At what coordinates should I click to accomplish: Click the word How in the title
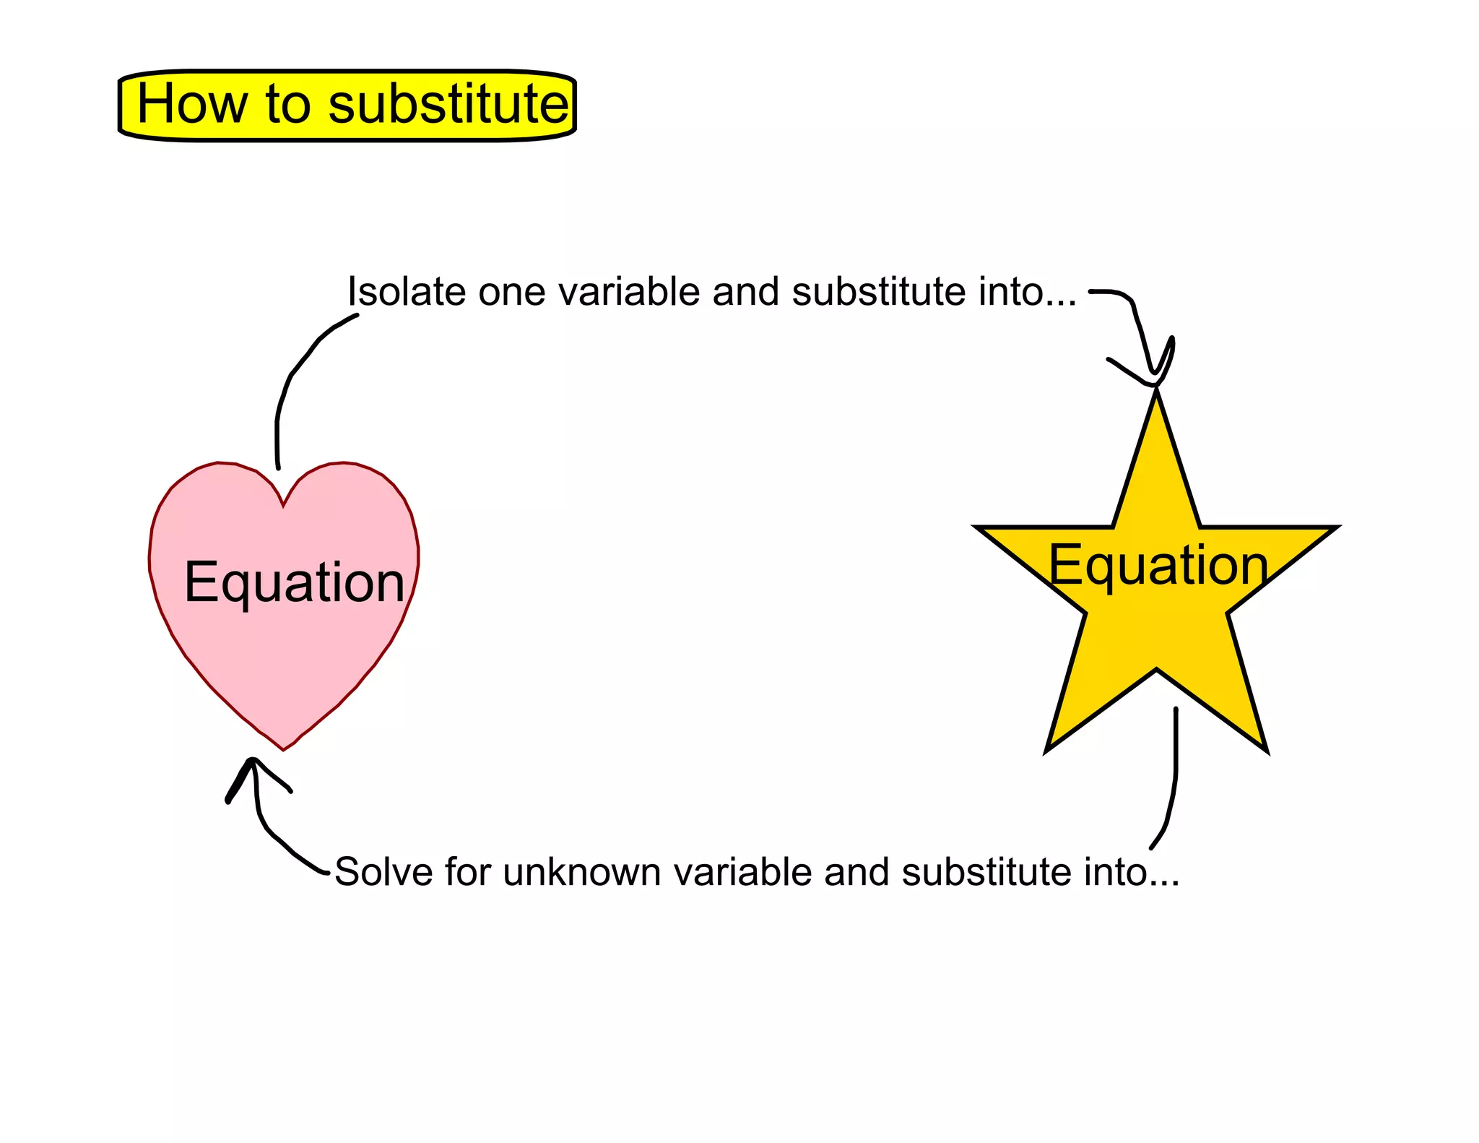coord(191,104)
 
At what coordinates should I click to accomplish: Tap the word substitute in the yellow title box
coord(448,104)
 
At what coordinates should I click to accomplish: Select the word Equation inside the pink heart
coord(294,582)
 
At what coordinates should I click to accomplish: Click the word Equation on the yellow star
coord(1158,565)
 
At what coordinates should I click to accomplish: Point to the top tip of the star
coord(1156,394)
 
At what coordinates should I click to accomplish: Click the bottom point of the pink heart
coord(283,749)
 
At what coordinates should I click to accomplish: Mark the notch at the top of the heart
coord(283,504)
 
